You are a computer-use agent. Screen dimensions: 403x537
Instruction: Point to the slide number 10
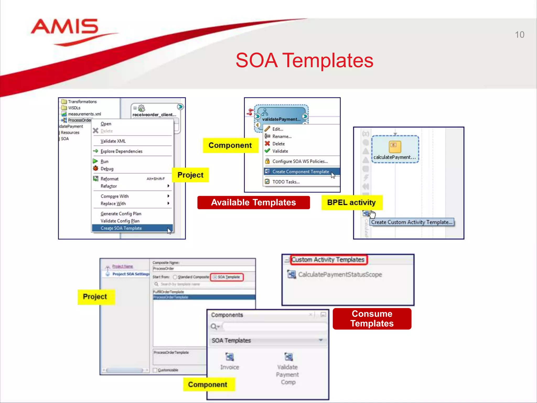(x=519, y=35)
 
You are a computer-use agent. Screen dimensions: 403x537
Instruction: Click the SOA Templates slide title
(x=304, y=60)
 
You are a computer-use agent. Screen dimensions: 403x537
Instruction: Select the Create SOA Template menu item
(x=121, y=228)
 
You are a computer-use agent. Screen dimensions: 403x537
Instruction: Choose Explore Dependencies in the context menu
(x=121, y=151)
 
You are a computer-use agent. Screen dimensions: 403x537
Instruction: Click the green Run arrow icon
(x=95, y=161)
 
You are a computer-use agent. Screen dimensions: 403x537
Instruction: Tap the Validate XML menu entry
(x=113, y=141)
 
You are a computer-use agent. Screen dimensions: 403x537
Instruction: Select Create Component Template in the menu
(x=300, y=172)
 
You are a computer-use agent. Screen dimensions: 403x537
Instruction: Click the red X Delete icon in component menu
(x=267, y=144)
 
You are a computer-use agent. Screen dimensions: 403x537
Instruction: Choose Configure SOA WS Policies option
(x=300, y=161)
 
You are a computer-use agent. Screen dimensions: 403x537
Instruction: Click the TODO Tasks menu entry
(x=286, y=182)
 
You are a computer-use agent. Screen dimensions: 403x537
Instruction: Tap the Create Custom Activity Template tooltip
(x=412, y=222)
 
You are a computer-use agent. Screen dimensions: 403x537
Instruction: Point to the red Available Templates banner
(x=254, y=203)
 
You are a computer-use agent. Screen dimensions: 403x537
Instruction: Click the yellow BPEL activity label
(x=351, y=203)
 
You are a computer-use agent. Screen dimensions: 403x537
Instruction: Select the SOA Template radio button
(x=215, y=277)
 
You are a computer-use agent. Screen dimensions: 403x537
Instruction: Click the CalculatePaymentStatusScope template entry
(x=340, y=274)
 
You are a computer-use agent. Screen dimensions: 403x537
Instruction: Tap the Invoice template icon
(x=229, y=357)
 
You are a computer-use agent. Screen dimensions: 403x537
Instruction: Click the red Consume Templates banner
(x=372, y=319)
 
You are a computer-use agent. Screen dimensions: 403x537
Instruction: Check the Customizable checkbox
(x=155, y=370)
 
